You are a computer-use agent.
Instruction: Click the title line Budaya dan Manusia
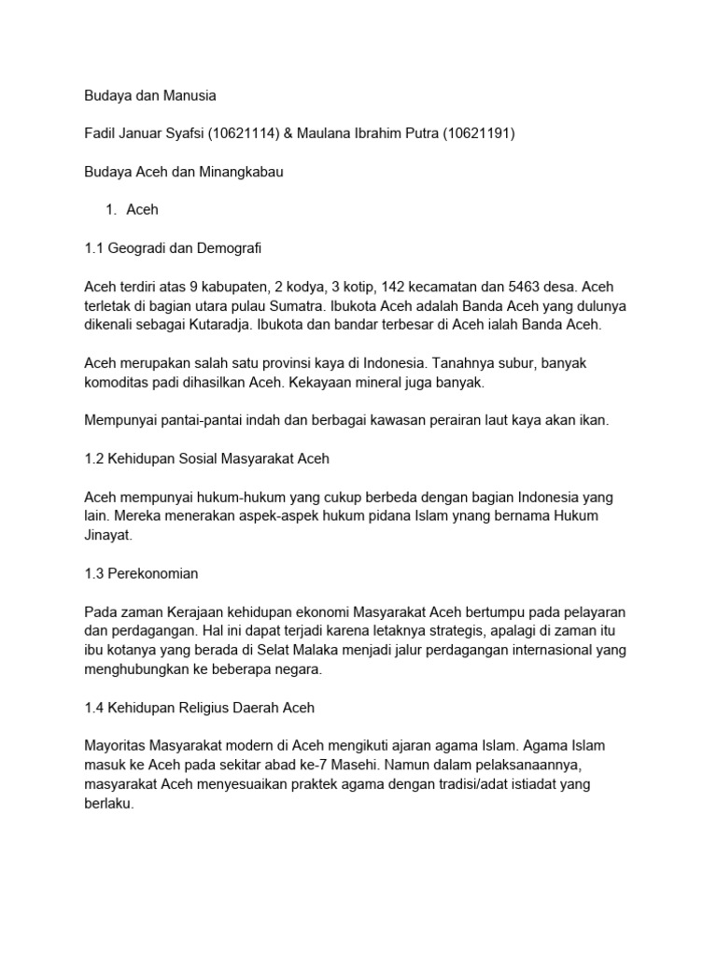(x=150, y=95)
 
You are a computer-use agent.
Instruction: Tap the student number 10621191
(x=474, y=134)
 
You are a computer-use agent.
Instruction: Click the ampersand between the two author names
(x=288, y=134)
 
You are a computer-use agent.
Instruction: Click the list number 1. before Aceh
(x=110, y=211)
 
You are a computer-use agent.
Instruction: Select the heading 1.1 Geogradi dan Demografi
(x=173, y=249)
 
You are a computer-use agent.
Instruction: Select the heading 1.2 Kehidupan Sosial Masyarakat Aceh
(x=206, y=459)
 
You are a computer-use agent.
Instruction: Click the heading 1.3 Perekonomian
(x=141, y=573)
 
